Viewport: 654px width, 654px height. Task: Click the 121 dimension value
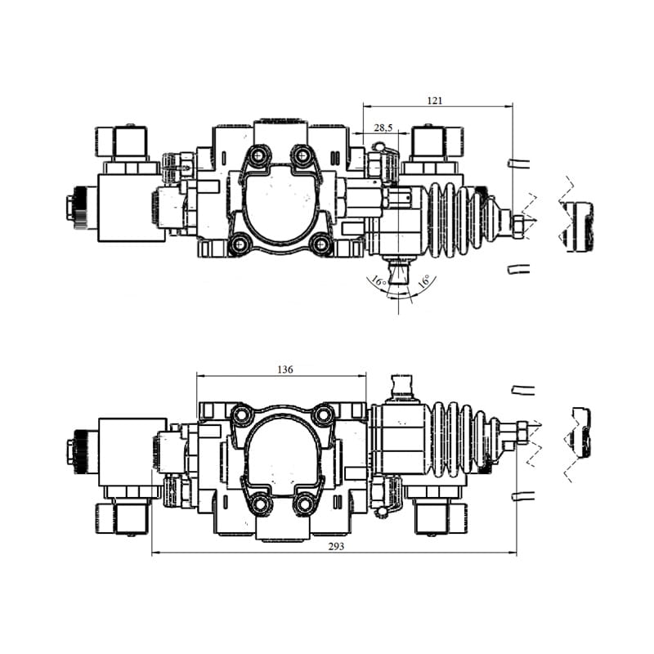tap(435, 101)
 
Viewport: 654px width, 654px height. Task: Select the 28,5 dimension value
tap(383, 128)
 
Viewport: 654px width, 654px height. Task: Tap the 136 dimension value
tap(284, 370)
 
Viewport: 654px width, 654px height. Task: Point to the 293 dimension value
tap(336, 546)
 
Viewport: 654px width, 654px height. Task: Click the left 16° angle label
tap(379, 280)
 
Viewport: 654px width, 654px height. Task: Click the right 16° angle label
tap(423, 280)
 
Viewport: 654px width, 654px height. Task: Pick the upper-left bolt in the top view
tap(258, 156)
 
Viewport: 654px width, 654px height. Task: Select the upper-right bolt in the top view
tap(301, 156)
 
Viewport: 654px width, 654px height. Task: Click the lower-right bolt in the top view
tap(321, 244)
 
